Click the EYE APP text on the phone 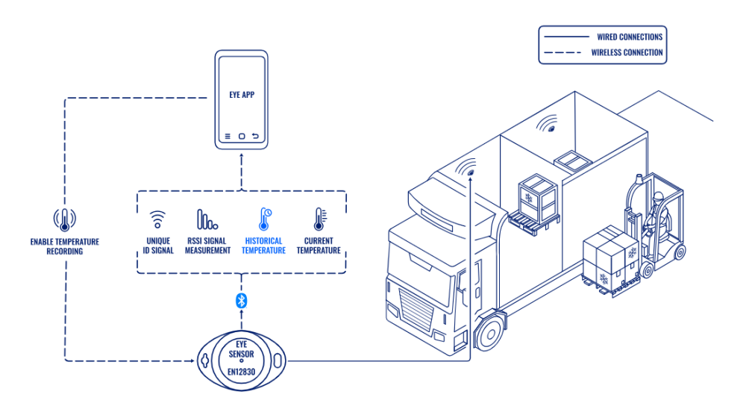[242, 96]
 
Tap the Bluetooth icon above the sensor [241, 300]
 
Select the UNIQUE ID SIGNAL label [158, 246]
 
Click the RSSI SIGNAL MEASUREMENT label [207, 246]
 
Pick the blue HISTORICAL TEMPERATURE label [264, 246]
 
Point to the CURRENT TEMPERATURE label [319, 246]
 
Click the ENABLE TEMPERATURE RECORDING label [64, 246]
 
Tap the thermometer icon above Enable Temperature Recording [64, 219]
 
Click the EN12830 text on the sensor [241, 372]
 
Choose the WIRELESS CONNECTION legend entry [627, 52]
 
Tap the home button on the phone [242, 137]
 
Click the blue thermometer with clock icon [264, 219]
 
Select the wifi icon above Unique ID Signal [157, 219]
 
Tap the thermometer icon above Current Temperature [319, 219]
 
